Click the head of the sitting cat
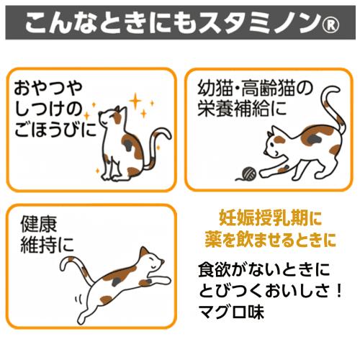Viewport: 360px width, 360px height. [x=114, y=117]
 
